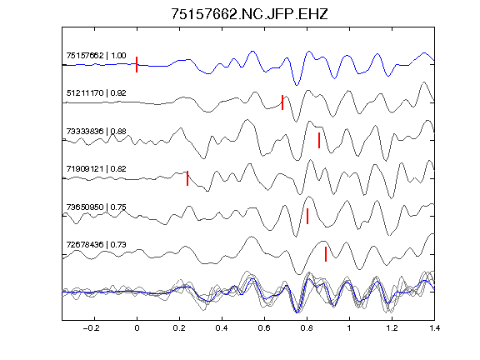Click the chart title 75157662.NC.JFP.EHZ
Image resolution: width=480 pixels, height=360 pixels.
pyautogui.click(x=249, y=14)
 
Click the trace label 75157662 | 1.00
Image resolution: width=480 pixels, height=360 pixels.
pyautogui.click(x=96, y=55)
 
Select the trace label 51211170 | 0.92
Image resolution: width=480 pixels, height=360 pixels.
pyautogui.click(x=96, y=93)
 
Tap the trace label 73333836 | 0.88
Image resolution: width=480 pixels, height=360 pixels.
pyautogui.click(x=96, y=132)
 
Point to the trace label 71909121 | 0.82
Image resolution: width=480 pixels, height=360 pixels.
pyautogui.click(x=96, y=169)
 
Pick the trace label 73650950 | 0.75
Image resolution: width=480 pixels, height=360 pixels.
pyautogui.click(x=96, y=207)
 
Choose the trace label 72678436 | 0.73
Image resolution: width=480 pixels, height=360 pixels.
pyautogui.click(x=96, y=245)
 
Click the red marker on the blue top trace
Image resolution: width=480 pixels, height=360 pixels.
pyautogui.click(x=137, y=65)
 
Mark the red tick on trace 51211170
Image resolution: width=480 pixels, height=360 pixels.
pyautogui.click(x=282, y=102)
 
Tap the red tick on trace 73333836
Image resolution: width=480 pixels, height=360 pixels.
pyautogui.click(x=319, y=140)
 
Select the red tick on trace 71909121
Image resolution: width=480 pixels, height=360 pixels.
pyautogui.click(x=187, y=178)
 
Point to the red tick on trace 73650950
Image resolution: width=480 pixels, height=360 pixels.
pyautogui.click(x=307, y=216)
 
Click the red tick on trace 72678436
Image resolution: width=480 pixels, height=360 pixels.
pyautogui.click(x=326, y=254)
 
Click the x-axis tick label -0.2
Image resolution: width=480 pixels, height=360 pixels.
pyautogui.click(x=91, y=328)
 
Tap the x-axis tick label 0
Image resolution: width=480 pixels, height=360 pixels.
pyautogui.click(x=137, y=328)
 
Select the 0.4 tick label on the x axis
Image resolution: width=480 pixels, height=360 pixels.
pyautogui.click(x=222, y=328)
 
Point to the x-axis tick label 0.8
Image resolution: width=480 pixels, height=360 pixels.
pyautogui.click(x=307, y=328)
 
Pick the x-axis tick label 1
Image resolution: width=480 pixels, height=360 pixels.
pyautogui.click(x=349, y=328)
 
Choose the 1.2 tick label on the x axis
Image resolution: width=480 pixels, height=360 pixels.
pyautogui.click(x=392, y=328)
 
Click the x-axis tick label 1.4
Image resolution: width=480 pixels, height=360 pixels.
pyautogui.click(x=434, y=328)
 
